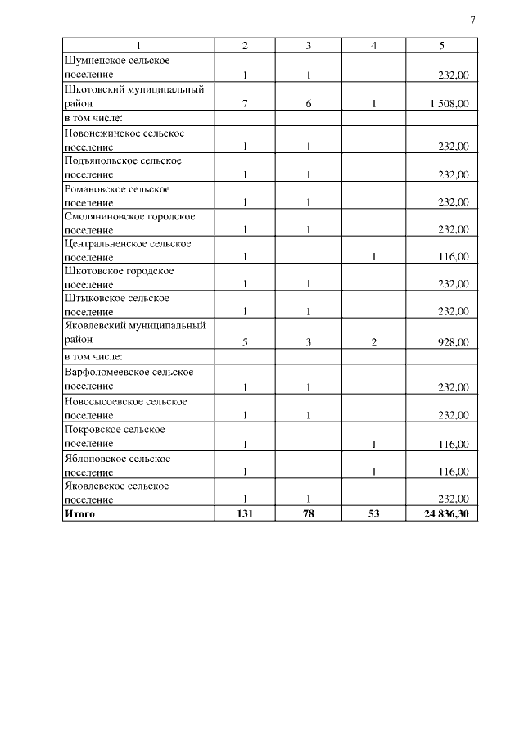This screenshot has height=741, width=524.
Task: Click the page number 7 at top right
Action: [x=472, y=20]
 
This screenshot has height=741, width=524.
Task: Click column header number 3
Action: [x=308, y=46]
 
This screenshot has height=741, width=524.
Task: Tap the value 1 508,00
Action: [x=449, y=104]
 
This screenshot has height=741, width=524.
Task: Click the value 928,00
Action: [x=453, y=343]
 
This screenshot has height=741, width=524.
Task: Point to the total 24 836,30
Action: [x=446, y=513]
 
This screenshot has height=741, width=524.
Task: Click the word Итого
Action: [x=79, y=513]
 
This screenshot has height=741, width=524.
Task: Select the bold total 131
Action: [x=245, y=513]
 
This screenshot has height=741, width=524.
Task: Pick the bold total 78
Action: [x=308, y=513]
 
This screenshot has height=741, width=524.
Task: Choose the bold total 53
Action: [x=373, y=513]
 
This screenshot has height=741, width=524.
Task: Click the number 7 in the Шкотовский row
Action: [x=245, y=104]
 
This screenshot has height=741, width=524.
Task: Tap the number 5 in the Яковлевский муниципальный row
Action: [x=245, y=343]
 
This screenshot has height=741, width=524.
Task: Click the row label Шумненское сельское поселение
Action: [x=122, y=67]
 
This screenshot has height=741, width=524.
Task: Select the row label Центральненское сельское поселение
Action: [x=128, y=250]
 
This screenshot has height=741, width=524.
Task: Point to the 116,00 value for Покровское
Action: [x=453, y=444]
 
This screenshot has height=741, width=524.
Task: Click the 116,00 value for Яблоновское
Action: [x=453, y=472]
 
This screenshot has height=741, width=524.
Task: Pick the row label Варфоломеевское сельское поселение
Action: [x=129, y=379]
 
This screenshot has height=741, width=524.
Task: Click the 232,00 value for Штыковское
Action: [x=453, y=311]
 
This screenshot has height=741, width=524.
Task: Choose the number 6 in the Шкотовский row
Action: [x=308, y=104]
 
